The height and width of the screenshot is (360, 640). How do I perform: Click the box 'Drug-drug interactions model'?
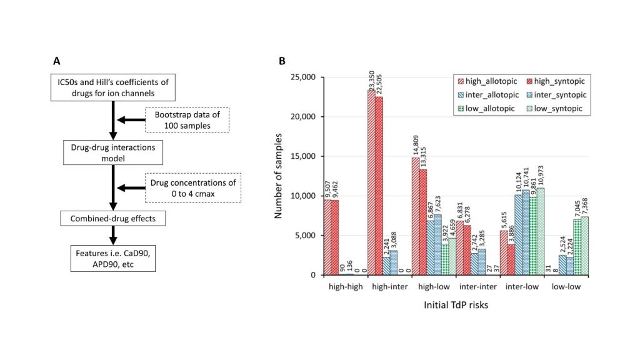click(113, 152)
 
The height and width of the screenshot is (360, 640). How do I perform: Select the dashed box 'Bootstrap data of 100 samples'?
click(187, 120)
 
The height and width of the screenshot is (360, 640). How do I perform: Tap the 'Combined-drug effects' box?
click(113, 218)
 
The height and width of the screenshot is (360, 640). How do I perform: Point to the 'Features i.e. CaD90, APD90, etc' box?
click(113, 258)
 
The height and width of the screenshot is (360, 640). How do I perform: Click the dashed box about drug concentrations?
click(193, 188)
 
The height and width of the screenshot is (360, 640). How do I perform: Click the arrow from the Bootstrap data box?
click(131, 120)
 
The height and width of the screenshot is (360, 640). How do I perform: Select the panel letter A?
click(57, 61)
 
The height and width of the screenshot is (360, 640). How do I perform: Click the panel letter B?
click(282, 61)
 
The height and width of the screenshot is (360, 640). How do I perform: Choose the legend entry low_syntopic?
click(554, 109)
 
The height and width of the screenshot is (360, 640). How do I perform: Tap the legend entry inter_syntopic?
click(556, 95)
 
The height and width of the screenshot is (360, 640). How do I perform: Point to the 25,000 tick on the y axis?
click(303, 77)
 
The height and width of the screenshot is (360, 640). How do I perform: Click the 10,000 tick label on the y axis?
click(303, 196)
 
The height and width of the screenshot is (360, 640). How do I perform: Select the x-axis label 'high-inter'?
click(390, 286)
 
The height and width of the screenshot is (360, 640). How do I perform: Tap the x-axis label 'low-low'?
click(566, 286)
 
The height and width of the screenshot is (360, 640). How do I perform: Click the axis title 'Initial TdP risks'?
click(456, 305)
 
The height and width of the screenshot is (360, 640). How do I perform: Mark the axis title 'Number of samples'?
click(278, 176)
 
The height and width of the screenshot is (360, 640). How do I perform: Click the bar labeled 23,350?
click(371, 182)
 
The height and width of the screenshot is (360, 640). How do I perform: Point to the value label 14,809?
click(416, 145)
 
